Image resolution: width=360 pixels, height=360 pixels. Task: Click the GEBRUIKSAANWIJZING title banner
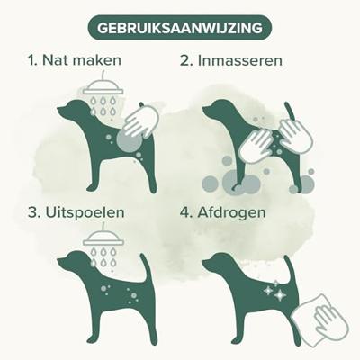click(x=180, y=28)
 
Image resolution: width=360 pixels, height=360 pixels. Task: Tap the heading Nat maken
click(x=82, y=60)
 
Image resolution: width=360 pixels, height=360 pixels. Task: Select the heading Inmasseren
click(x=239, y=60)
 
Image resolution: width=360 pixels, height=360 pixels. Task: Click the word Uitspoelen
click(x=85, y=213)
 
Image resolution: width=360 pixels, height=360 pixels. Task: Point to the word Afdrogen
click(x=231, y=213)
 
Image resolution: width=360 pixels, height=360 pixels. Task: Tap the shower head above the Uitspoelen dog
click(x=103, y=240)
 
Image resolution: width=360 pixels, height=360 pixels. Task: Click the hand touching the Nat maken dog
click(x=140, y=122)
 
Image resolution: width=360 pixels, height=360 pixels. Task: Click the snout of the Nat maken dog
click(x=61, y=111)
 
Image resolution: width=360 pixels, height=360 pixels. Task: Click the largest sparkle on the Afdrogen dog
click(x=280, y=294)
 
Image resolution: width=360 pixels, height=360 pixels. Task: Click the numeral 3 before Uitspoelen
click(x=33, y=212)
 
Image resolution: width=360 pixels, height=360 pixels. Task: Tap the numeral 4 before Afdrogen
click(x=185, y=212)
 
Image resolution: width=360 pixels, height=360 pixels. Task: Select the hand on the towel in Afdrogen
click(x=327, y=318)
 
